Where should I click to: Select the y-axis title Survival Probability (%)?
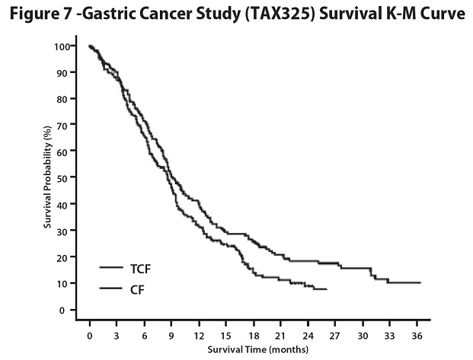[x=47, y=179]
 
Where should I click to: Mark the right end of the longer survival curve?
[x=420, y=282]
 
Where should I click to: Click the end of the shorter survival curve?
[x=327, y=290]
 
